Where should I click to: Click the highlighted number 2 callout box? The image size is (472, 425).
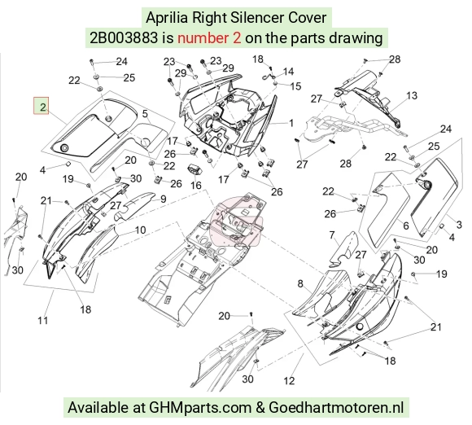tap(41, 106)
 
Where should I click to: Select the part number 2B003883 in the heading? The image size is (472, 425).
tap(124, 38)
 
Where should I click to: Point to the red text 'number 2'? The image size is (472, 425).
tap(209, 38)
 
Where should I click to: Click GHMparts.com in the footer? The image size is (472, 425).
tap(200, 408)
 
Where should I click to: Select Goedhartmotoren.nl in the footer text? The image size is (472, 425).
tap(336, 408)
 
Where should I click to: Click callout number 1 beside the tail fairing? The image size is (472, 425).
tap(291, 123)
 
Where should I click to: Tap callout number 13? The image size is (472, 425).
tap(412, 96)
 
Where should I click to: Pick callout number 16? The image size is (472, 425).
tap(196, 185)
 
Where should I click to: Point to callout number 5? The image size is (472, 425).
tap(145, 114)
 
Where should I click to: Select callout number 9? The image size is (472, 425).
tap(163, 199)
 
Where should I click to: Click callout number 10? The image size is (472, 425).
tap(140, 230)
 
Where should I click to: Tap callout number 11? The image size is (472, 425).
tap(43, 321)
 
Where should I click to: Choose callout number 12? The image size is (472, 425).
tap(289, 381)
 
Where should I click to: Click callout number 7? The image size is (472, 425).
tap(332, 234)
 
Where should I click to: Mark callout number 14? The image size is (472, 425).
tap(288, 72)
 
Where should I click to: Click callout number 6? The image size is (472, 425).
tap(406, 226)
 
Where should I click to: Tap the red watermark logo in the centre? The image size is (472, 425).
tap(236, 221)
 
